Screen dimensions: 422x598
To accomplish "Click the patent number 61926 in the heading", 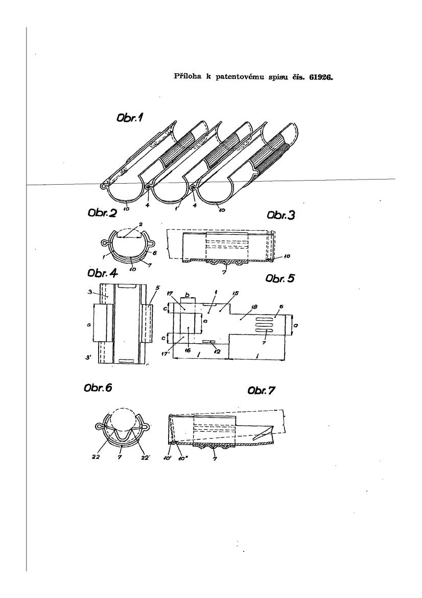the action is tap(321, 77).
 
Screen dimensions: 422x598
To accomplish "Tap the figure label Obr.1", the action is tap(130, 118).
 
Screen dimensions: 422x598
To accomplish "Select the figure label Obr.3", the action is tap(281, 215).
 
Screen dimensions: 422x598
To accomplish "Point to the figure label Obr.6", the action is tap(98, 388).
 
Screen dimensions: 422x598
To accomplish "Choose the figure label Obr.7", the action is tap(261, 390).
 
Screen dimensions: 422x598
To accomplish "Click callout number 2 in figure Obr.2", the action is tap(141, 224).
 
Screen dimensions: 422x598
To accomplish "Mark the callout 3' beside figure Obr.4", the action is tap(88, 358).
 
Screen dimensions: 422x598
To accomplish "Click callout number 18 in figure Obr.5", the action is tap(255, 306).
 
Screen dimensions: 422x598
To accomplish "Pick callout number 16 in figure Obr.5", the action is tap(188, 350).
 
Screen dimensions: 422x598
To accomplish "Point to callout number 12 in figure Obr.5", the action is tap(218, 351).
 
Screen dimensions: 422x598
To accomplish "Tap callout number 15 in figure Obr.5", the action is tap(236, 293).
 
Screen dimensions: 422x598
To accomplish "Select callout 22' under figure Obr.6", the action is tap(145, 458).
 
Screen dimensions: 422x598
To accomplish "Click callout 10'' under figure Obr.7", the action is tap(183, 458).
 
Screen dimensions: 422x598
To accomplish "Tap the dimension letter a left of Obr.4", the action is tap(88, 324).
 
